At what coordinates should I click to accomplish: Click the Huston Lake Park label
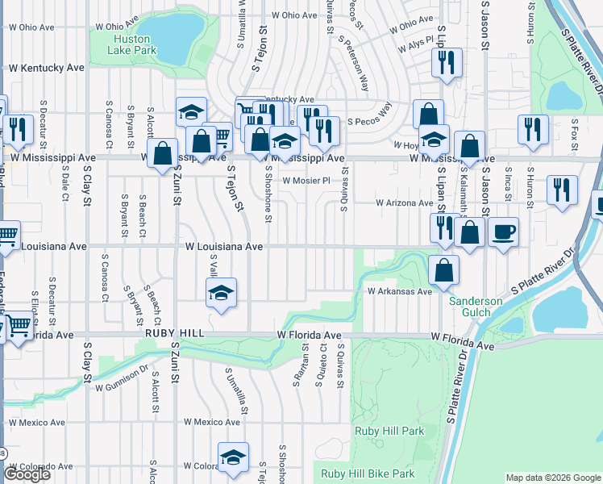point(133,44)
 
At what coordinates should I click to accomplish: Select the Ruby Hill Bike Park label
point(368,474)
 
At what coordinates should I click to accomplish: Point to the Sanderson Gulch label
point(475,307)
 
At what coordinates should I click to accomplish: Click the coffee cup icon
point(504,232)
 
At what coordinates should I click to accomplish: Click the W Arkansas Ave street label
point(400,291)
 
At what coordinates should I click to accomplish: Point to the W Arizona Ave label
point(405,203)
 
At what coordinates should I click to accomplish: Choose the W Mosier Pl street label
point(307,181)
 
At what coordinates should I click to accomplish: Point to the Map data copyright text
point(553,478)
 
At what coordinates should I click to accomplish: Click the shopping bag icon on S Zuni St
point(163,153)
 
